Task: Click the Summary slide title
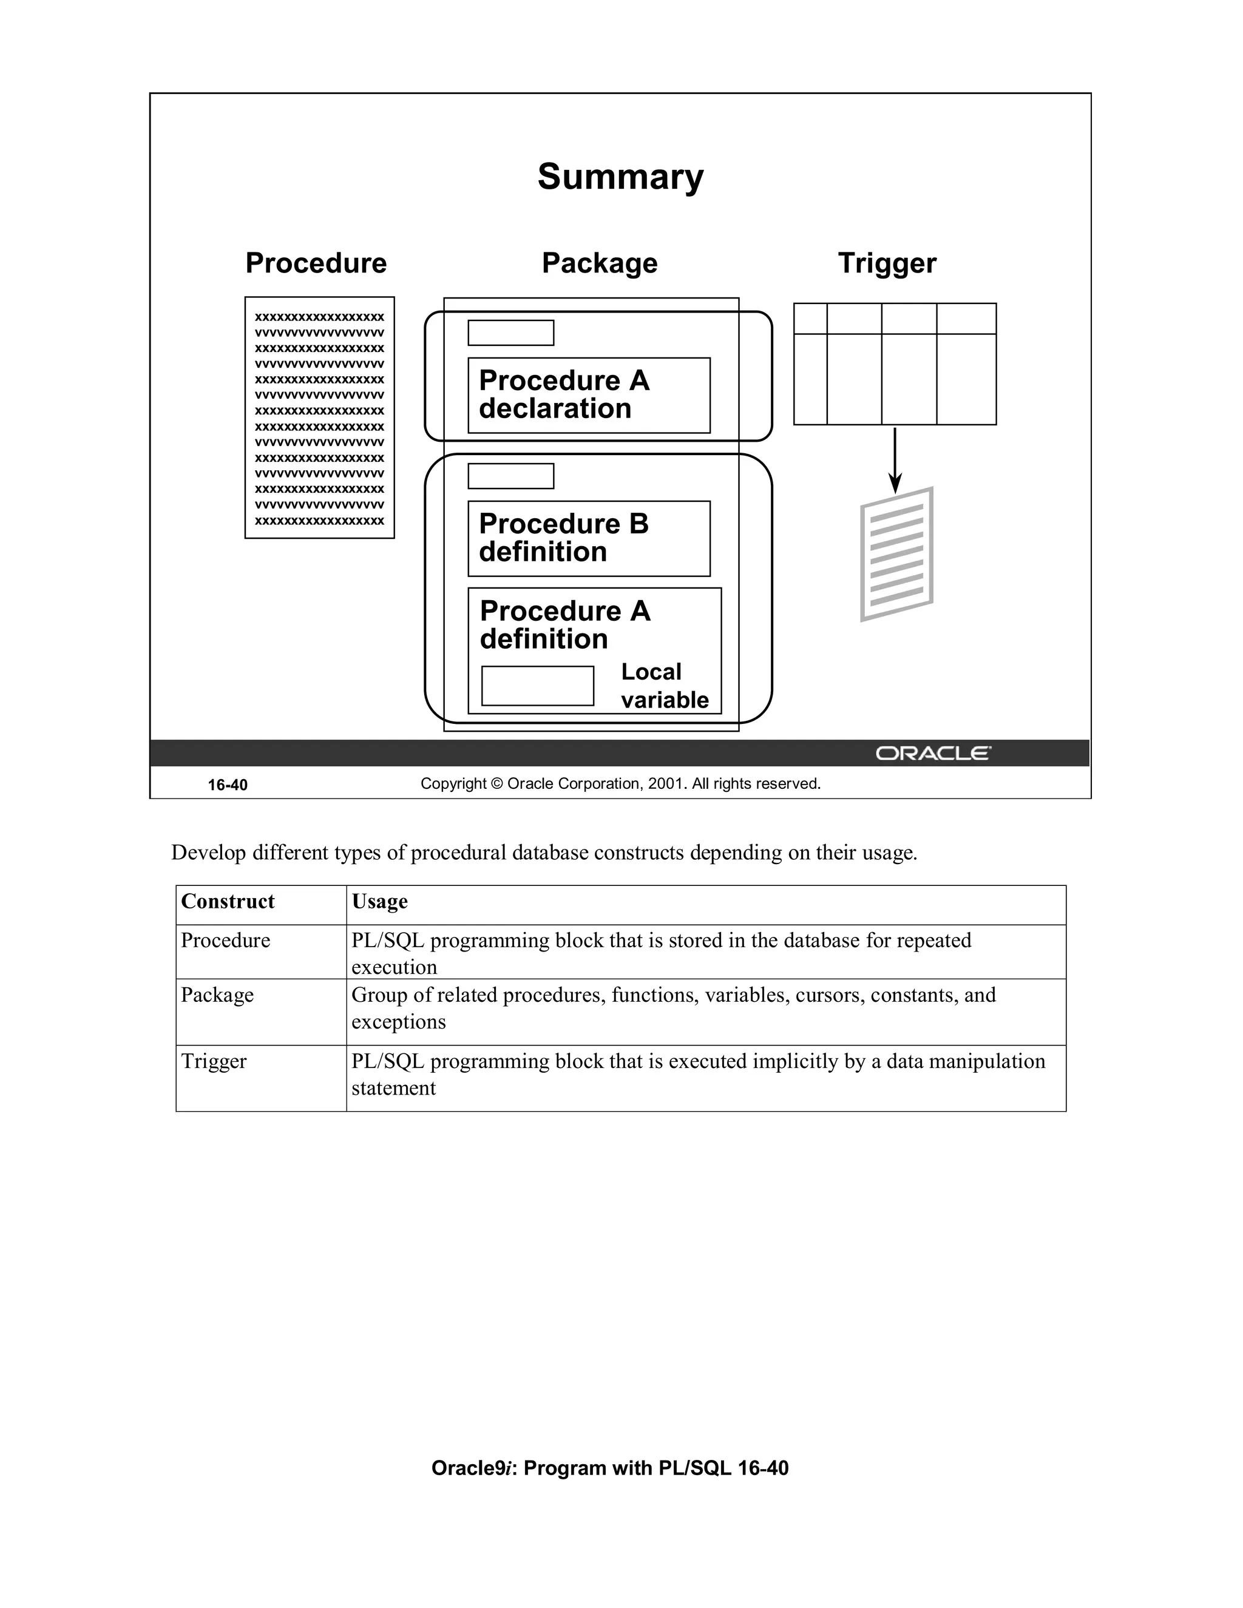click(x=620, y=177)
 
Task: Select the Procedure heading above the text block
click(x=316, y=263)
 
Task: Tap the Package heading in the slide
click(x=600, y=263)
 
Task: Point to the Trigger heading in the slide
click(x=887, y=263)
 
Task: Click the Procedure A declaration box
click(x=588, y=396)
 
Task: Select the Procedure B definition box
click(x=588, y=538)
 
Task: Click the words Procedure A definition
click(x=565, y=624)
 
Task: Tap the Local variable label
click(x=664, y=686)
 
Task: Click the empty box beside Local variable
click(x=538, y=686)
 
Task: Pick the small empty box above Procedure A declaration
click(x=510, y=333)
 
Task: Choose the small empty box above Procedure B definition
click(x=510, y=476)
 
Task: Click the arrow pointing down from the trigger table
click(x=895, y=460)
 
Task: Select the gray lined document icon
click(x=896, y=553)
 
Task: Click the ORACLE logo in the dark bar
click(x=932, y=753)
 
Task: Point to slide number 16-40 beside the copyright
click(x=228, y=785)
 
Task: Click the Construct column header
click(x=228, y=901)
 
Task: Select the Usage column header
click(x=379, y=901)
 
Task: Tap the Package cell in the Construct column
click(x=217, y=995)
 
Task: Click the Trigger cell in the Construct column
click(x=214, y=1061)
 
